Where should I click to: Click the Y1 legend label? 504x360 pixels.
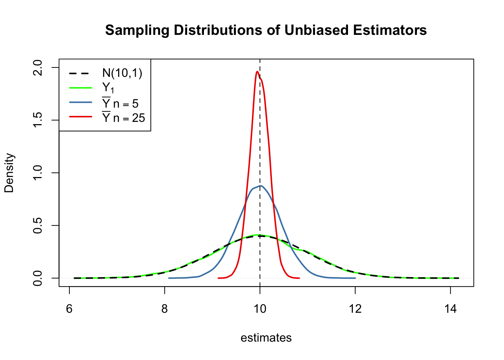pyautogui.click(x=108, y=88)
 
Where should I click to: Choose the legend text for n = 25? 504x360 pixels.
pyautogui.click(x=123, y=118)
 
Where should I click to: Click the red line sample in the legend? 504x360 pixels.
pyautogui.click(x=80, y=117)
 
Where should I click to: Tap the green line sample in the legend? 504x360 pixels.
pyautogui.click(x=80, y=88)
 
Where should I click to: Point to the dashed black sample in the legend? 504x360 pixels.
pyautogui.click(x=80, y=73)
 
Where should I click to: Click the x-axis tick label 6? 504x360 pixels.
pyautogui.click(x=69, y=309)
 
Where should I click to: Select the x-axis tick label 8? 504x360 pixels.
pyautogui.click(x=165, y=309)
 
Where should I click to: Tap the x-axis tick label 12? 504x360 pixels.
pyautogui.click(x=355, y=309)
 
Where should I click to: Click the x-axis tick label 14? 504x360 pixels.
pyautogui.click(x=450, y=309)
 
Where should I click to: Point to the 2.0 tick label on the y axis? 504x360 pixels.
pyautogui.click(x=38, y=67)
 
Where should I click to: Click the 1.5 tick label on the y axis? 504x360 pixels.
pyautogui.click(x=38, y=120)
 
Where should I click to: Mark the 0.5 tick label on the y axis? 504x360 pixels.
pyautogui.click(x=38, y=225)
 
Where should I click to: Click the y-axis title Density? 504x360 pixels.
pyautogui.click(x=9, y=173)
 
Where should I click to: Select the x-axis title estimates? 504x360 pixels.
pyautogui.click(x=266, y=338)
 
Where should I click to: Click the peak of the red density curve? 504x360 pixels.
pyautogui.click(x=257, y=72)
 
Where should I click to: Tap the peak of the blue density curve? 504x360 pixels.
pyautogui.click(x=261, y=186)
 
